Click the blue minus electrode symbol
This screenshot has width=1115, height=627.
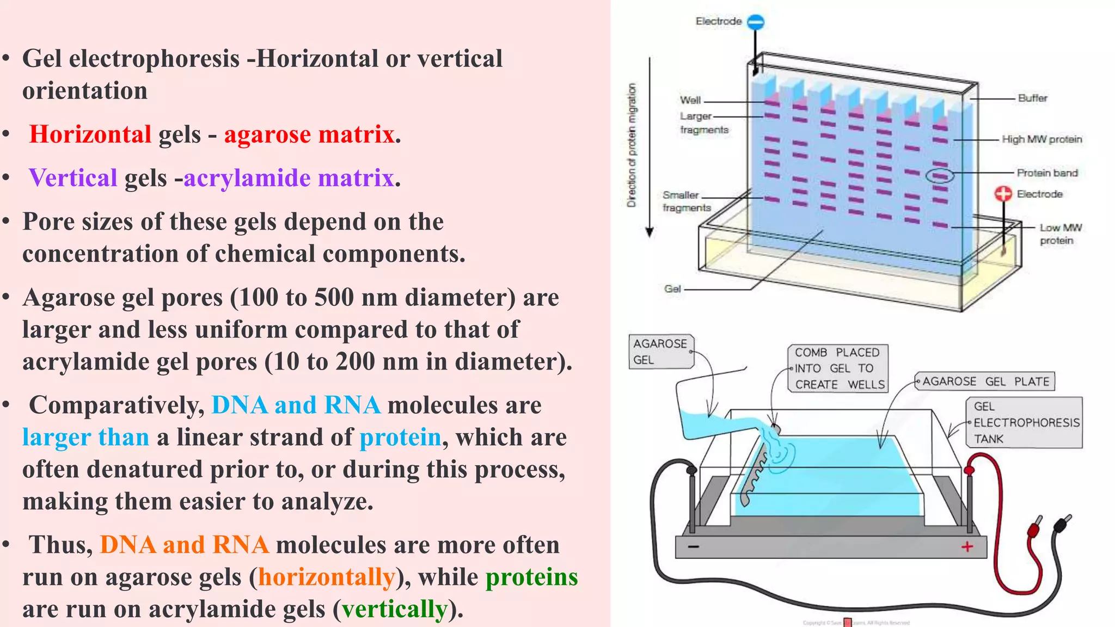756,22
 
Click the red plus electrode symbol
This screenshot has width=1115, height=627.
1003,194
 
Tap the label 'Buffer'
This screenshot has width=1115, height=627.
1032,98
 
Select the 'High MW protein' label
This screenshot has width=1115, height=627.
1042,139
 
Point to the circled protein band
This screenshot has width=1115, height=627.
940,176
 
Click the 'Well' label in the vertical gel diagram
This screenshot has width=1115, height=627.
690,100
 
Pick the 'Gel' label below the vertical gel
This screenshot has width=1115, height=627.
672,289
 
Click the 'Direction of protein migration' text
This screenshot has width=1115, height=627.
632,145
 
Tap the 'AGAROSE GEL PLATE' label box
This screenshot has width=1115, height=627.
985,382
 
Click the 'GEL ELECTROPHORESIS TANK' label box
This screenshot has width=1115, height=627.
1025,422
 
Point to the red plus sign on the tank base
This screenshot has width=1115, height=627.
967,546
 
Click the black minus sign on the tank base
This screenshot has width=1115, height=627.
693,546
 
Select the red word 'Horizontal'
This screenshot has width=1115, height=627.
90,134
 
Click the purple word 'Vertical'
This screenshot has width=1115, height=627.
73,178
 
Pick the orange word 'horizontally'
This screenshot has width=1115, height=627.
327,577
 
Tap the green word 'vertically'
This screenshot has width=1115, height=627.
395,609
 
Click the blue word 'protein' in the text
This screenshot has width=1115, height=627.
400,438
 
